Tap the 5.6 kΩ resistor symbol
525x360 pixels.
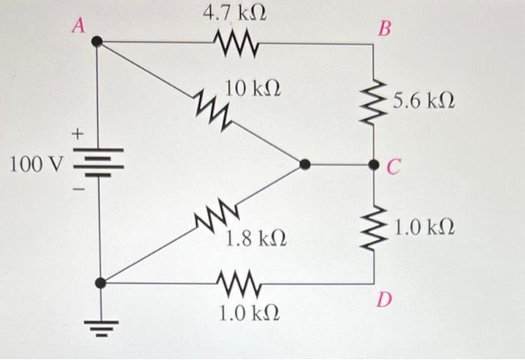pyautogui.click(x=374, y=102)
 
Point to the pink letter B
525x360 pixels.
pyautogui.click(x=385, y=29)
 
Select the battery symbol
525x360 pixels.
pyautogui.click(x=97, y=162)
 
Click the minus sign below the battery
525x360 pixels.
pyautogui.click(x=76, y=188)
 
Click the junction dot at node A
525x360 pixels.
pyautogui.click(x=97, y=42)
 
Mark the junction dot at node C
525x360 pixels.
pyautogui.click(x=374, y=164)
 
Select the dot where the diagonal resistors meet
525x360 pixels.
pyautogui.click(x=303, y=164)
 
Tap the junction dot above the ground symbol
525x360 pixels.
pyautogui.click(x=100, y=283)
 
